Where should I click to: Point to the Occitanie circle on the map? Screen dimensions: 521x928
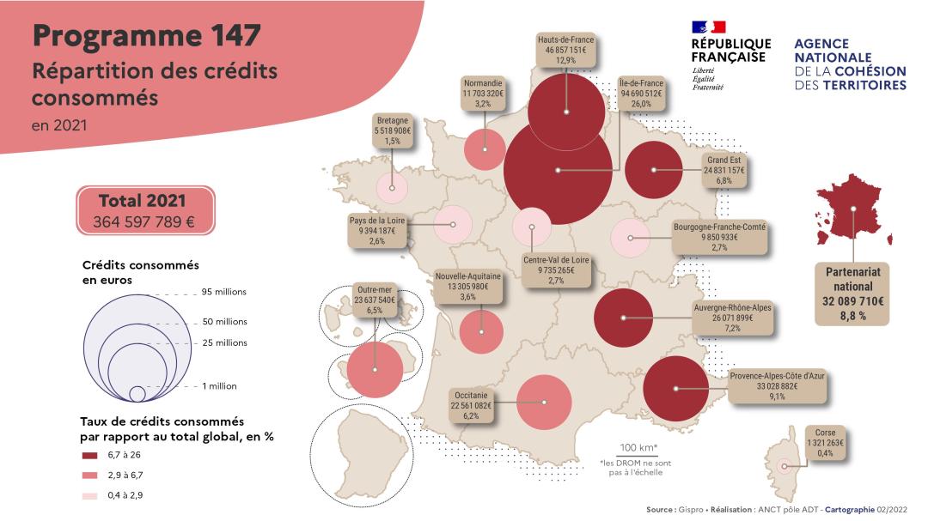[545, 402]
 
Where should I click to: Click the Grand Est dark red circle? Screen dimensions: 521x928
[653, 170]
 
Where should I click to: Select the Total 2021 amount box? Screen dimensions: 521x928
[144, 211]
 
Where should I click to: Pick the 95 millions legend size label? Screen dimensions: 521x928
[224, 292]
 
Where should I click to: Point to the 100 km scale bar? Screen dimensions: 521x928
[638, 455]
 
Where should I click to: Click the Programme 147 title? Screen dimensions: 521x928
[146, 36]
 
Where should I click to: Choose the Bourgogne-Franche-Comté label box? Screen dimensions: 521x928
[720, 238]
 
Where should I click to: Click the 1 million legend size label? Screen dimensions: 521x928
[220, 386]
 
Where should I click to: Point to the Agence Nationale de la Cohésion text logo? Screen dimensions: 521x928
[850, 64]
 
